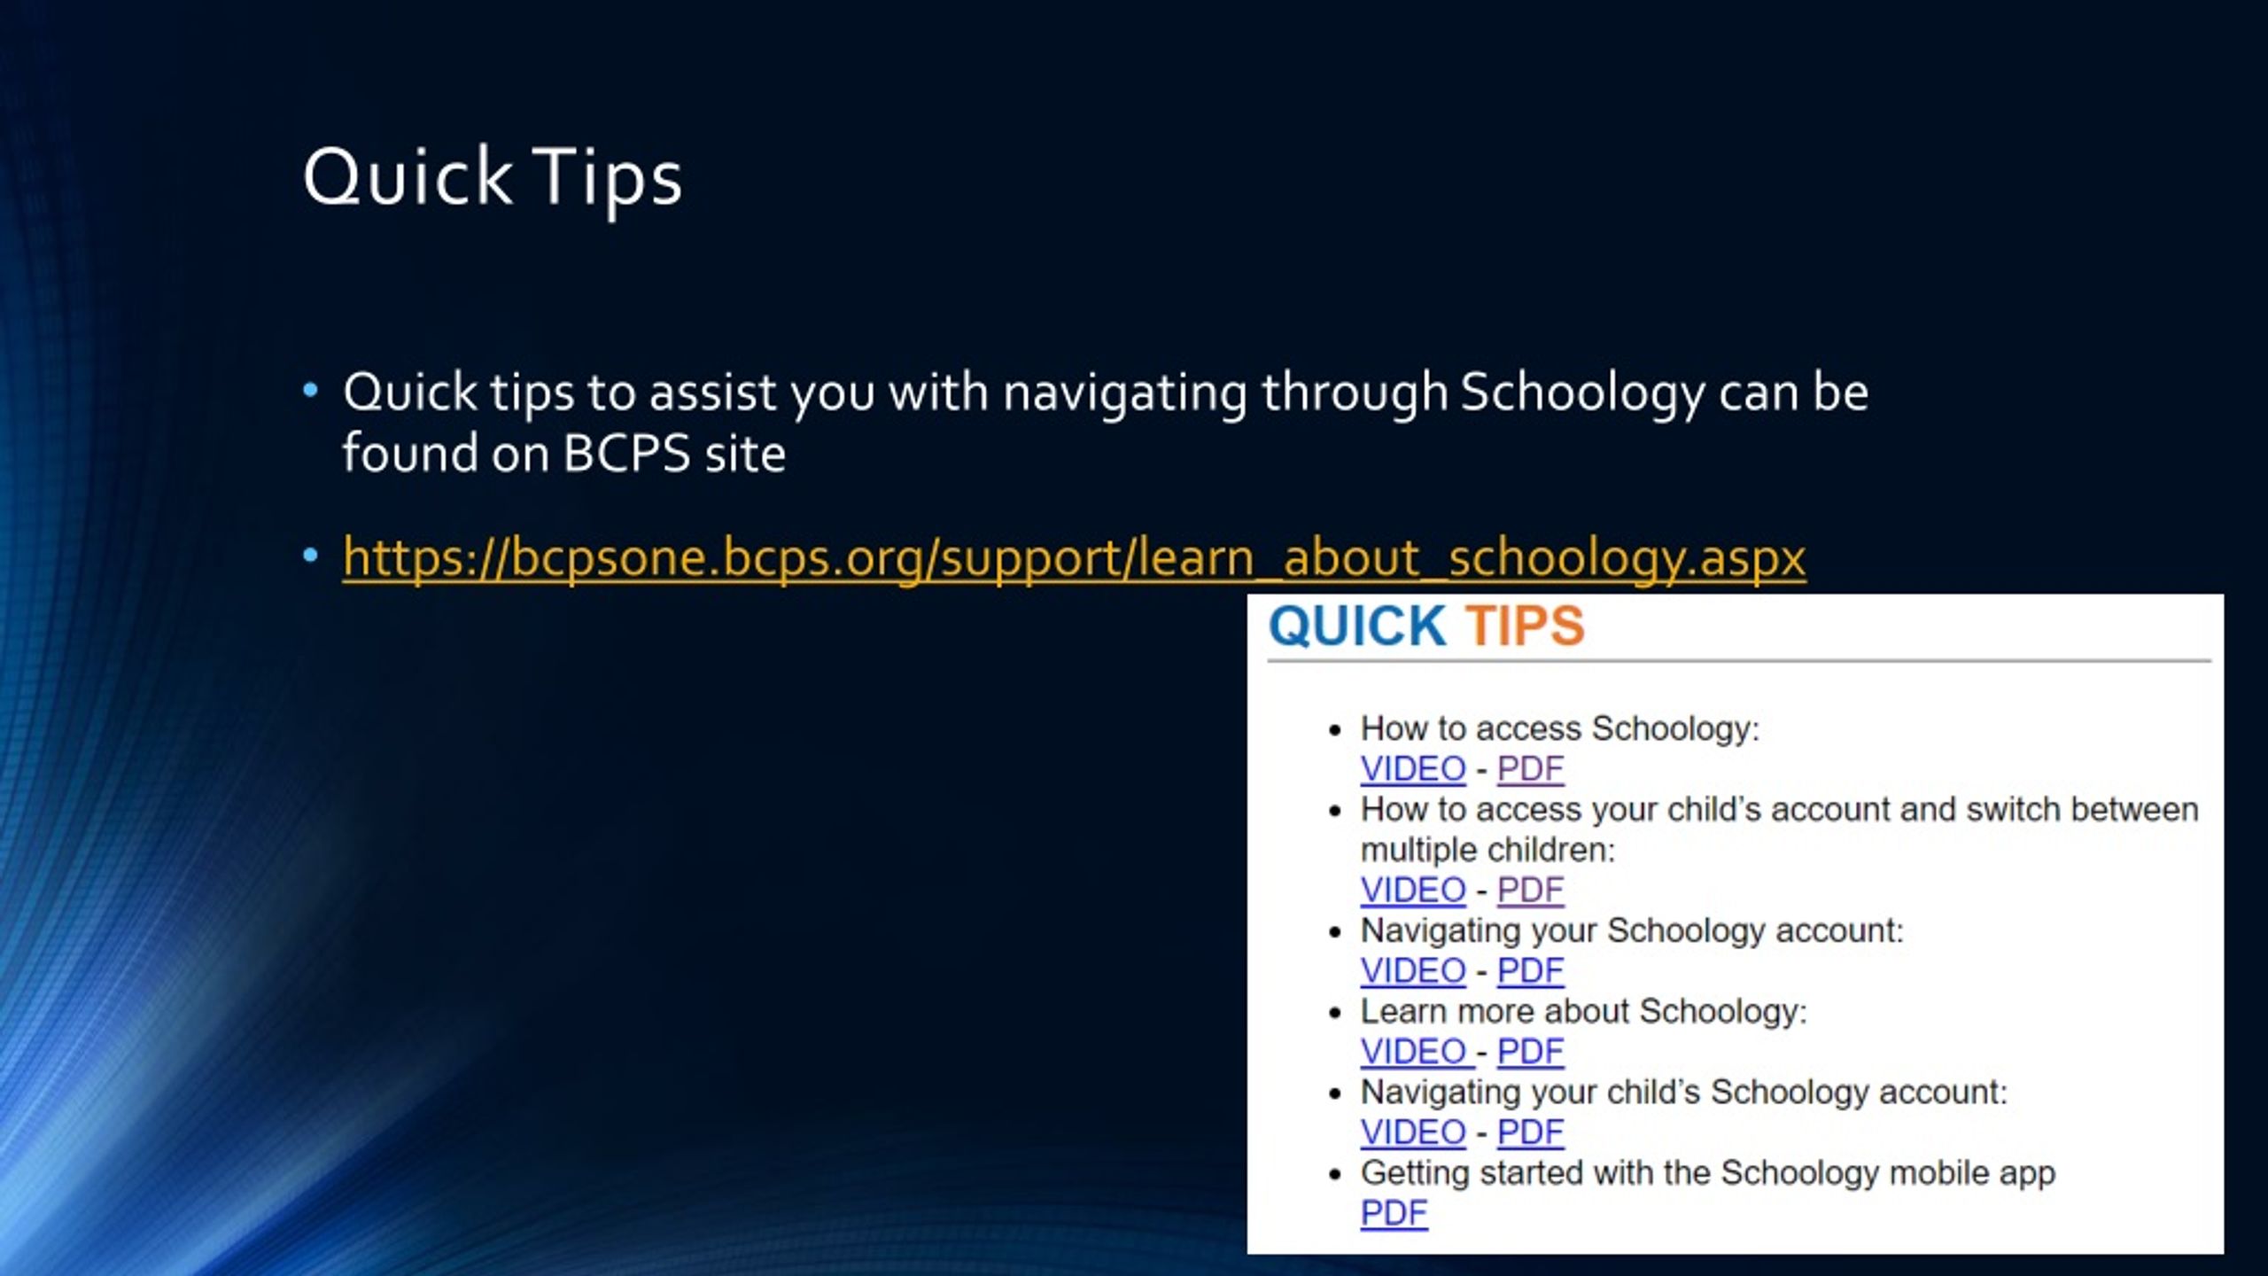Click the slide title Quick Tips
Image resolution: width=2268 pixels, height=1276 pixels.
point(493,177)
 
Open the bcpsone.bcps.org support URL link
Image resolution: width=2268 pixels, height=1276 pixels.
point(1074,558)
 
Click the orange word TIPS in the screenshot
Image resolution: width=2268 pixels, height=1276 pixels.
point(1524,626)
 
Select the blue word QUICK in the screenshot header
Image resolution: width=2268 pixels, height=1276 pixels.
point(1357,626)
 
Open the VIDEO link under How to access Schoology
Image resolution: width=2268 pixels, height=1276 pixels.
point(1413,768)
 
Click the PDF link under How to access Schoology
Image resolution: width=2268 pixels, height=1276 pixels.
point(1530,768)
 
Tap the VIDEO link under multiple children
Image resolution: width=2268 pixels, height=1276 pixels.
point(1413,890)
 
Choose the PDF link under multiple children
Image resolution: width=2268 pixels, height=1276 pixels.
point(1530,890)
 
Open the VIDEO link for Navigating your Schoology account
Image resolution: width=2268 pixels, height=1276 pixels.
point(1413,970)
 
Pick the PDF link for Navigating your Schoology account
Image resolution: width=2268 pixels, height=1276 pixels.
point(1530,970)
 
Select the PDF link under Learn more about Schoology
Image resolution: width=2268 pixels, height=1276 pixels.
point(1530,1052)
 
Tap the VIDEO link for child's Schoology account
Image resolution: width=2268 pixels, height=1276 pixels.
point(1413,1132)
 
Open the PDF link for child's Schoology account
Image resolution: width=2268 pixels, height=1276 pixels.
point(1530,1132)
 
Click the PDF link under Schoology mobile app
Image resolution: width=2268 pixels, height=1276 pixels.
point(1394,1213)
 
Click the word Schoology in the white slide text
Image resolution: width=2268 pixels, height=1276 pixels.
point(1582,393)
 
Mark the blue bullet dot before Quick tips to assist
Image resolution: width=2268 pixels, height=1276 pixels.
point(310,390)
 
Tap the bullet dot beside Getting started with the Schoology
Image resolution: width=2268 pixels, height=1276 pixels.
point(1336,1175)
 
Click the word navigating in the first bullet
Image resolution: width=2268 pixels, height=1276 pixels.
point(1124,393)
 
